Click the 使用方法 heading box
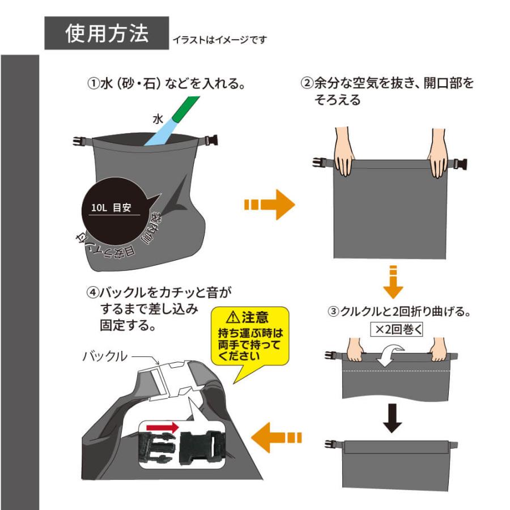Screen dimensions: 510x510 click(107, 33)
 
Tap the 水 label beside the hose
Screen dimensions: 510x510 click(158, 119)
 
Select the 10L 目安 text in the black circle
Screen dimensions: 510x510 click(111, 207)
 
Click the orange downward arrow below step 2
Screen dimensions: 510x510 click(393, 281)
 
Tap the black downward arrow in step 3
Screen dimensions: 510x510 click(392, 416)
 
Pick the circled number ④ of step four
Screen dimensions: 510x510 click(92, 293)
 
